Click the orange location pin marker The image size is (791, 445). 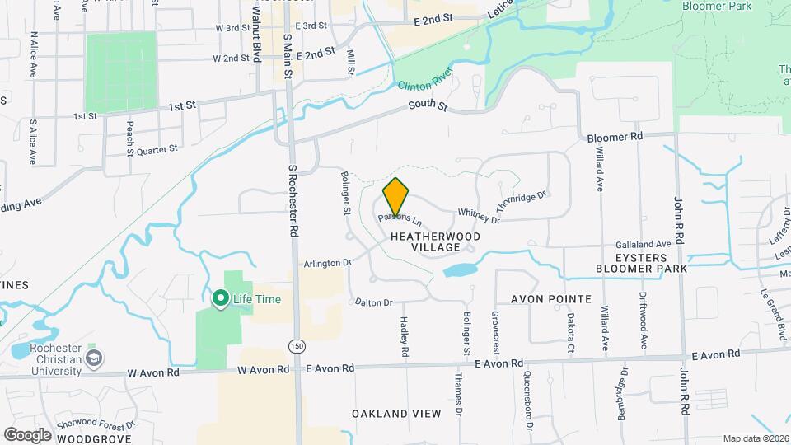396,198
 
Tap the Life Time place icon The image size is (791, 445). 220,299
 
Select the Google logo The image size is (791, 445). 27,434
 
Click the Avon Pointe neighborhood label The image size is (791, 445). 551,298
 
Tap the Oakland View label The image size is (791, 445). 396,413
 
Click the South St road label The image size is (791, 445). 428,107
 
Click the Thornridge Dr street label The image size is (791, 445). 521,203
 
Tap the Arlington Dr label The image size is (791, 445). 327,263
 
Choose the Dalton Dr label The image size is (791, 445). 374,303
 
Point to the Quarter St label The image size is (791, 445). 157,150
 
